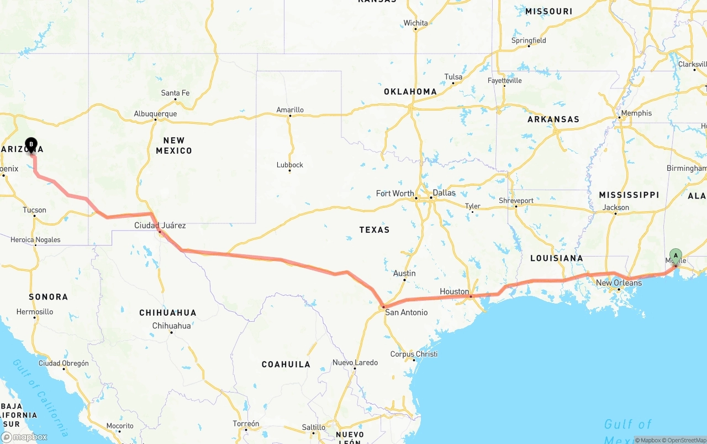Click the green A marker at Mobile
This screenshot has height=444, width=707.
click(675, 256)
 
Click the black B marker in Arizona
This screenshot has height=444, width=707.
click(31, 145)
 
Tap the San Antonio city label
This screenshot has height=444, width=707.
click(406, 312)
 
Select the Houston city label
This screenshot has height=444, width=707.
click(454, 291)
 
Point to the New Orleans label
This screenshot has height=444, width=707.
click(619, 283)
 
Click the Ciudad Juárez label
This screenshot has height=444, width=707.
click(160, 226)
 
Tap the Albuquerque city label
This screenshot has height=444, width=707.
click(155, 114)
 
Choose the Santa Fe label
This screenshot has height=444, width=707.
click(175, 93)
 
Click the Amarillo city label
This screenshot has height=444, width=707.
click(290, 110)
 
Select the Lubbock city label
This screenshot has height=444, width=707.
click(290, 165)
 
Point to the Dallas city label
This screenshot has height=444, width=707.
click(444, 193)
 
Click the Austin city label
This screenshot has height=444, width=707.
click(404, 273)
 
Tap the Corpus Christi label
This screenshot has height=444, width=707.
click(414, 354)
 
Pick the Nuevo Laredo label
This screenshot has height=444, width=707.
click(355, 363)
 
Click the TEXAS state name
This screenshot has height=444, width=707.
click(374, 229)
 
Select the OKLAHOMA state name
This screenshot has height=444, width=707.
click(410, 92)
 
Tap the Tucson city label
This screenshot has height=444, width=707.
click(34, 210)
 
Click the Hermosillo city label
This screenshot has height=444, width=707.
click(35, 312)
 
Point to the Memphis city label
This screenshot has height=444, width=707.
click(636, 113)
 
